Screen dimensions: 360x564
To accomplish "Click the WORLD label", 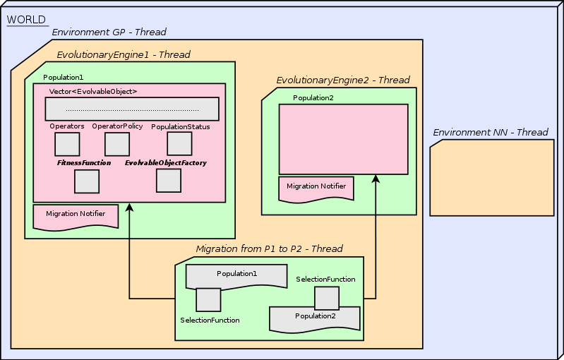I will tap(26, 20).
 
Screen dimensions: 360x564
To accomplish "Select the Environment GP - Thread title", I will tap(109, 32).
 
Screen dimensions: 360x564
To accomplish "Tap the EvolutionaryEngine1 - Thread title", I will tap(123, 54).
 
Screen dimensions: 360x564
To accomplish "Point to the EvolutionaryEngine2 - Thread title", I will tap(342, 80).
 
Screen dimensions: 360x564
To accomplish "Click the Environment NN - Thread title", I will tap(490, 133).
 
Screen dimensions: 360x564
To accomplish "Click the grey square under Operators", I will tap(67, 144).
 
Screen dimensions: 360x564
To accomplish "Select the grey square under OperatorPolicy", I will tap(117, 144).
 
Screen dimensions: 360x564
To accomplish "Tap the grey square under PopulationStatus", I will tap(179, 143).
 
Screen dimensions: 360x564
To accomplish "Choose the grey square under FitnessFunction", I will tap(87, 181).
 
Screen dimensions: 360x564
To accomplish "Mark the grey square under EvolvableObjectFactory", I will tap(169, 180).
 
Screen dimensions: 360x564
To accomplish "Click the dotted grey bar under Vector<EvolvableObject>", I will tap(132, 109).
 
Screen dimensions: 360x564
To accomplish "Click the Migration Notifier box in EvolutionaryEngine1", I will tap(76, 216).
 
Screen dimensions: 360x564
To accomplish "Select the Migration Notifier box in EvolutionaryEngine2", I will tap(316, 188).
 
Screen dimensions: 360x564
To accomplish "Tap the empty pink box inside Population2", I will tap(343, 139).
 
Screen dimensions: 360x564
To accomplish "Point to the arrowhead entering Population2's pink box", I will tap(376, 179).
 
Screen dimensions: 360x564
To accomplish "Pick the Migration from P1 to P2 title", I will tap(269, 249).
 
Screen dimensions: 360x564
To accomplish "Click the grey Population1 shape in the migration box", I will tap(236, 275).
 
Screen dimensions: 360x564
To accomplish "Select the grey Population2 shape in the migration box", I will tap(315, 319).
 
